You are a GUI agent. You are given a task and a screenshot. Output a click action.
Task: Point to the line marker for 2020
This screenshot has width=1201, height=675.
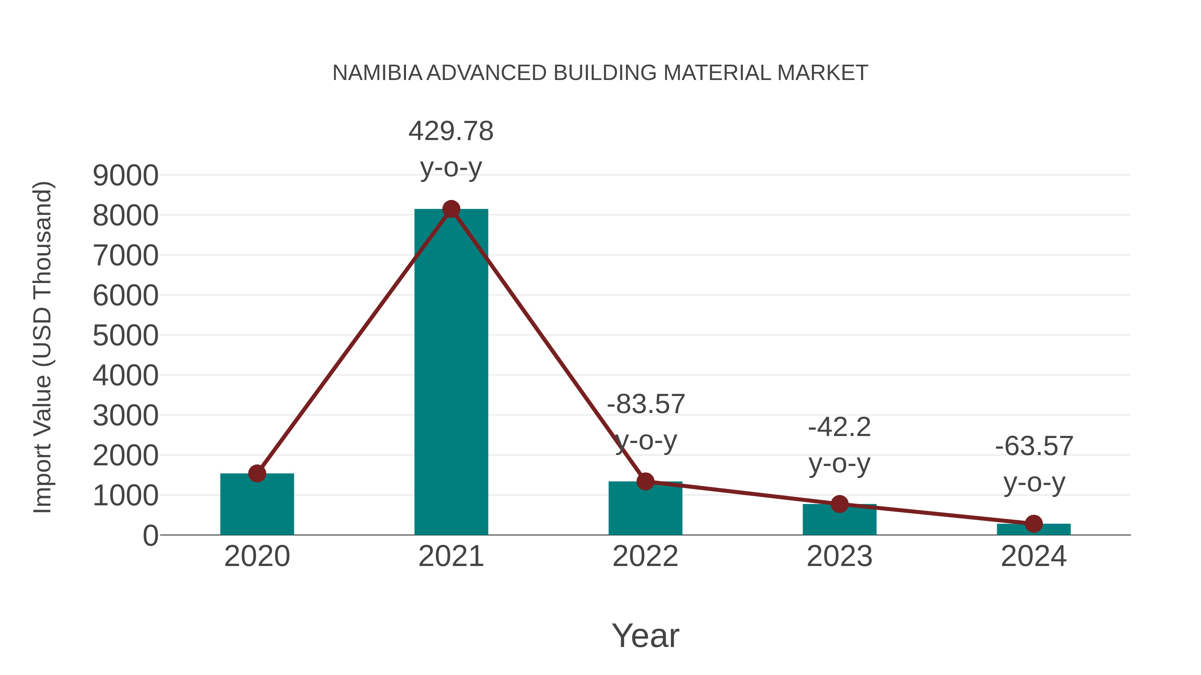(257, 473)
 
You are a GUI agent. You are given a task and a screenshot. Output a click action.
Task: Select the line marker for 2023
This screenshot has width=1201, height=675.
(839, 504)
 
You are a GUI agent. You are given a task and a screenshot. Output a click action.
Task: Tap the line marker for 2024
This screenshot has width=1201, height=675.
(1034, 524)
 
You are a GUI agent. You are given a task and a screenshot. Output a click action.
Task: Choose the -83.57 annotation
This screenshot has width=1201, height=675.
(646, 404)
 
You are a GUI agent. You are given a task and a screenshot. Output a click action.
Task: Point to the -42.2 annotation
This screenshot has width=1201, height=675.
(839, 427)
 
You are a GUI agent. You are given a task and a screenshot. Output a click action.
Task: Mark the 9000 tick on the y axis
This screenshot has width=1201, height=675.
(125, 176)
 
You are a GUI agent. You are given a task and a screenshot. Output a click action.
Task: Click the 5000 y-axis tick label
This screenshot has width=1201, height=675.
(125, 336)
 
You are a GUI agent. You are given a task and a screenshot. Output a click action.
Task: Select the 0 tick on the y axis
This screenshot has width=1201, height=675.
(150, 536)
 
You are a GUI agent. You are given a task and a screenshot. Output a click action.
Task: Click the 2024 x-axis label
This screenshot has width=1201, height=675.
(1034, 556)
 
